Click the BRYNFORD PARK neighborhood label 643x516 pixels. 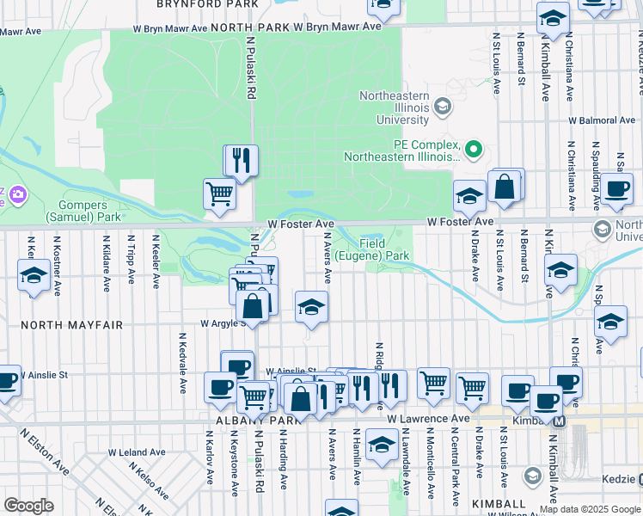pos(207,4)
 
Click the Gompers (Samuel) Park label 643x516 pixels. pos(78,212)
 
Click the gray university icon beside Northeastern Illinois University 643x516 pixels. pos(443,107)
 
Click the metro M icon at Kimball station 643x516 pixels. pos(559,421)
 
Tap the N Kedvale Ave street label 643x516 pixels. pos(183,363)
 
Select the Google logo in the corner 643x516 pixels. pos(29,506)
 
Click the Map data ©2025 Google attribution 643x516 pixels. pos(590,509)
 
